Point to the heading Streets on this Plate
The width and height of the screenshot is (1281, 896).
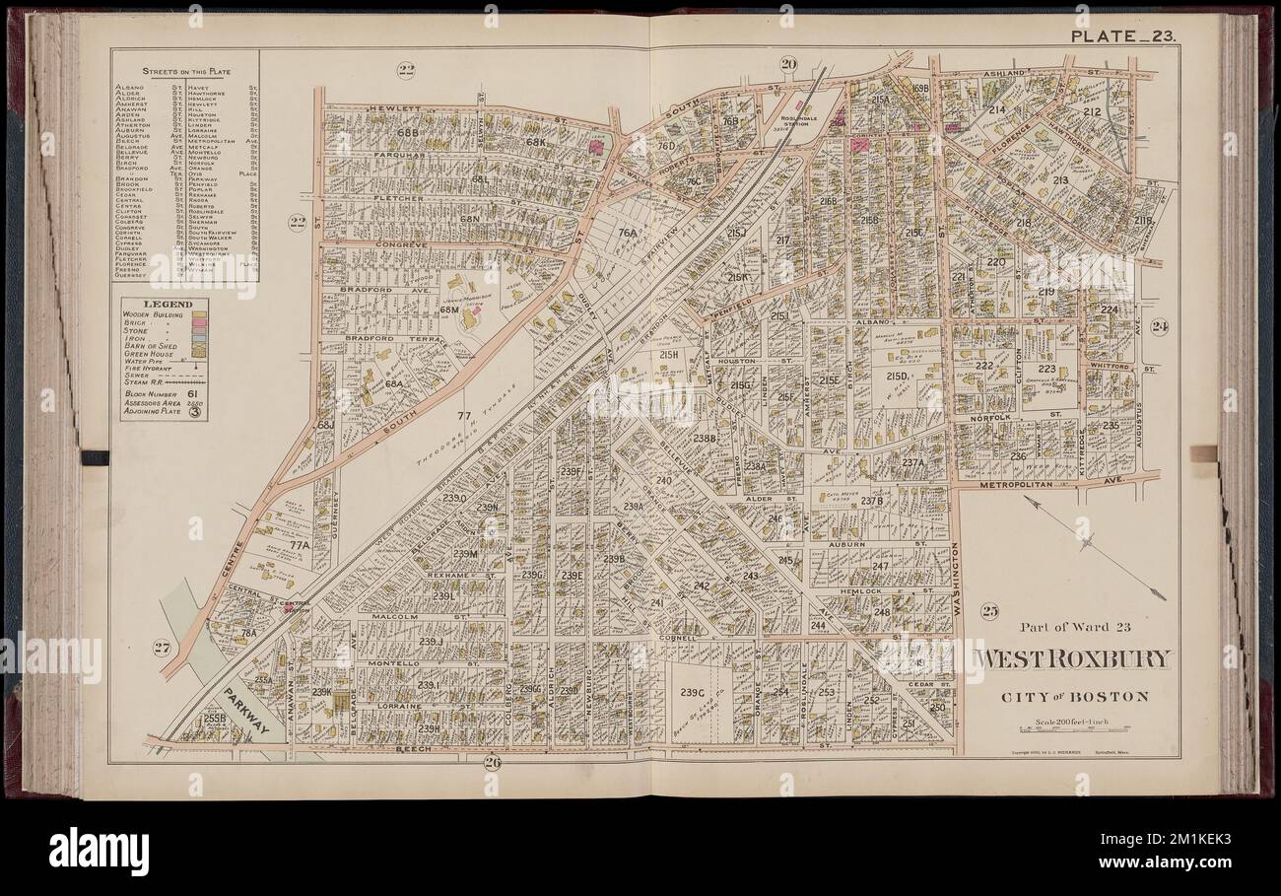(x=184, y=71)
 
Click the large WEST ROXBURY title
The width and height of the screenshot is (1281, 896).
(x=1073, y=659)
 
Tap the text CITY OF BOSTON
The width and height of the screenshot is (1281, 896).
(x=1074, y=697)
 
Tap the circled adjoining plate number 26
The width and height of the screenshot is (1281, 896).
(x=493, y=760)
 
